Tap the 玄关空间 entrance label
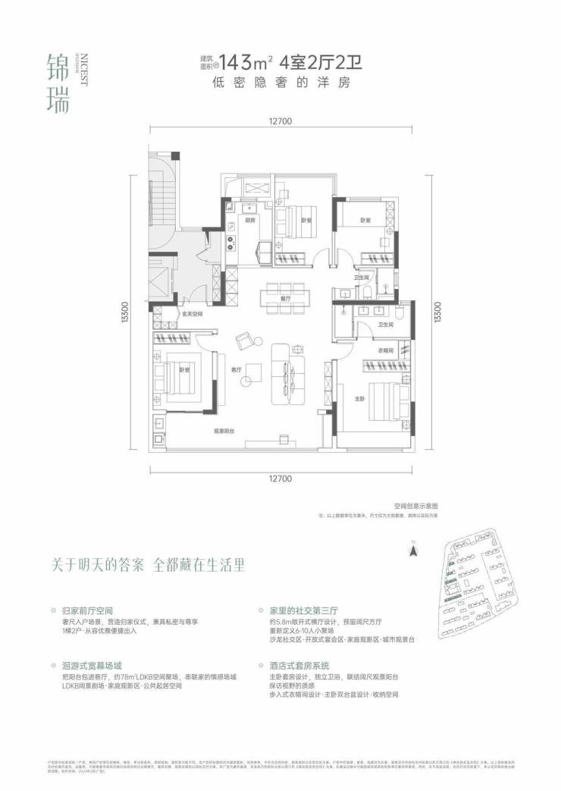point(192,313)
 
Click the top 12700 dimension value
point(280,121)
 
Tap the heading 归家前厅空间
point(89,609)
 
